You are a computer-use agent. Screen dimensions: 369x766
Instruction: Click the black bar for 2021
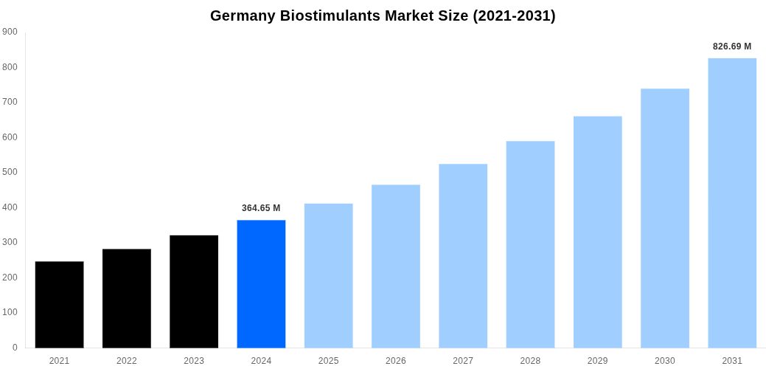pos(59,304)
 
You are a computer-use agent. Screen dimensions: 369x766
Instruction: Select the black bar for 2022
pos(126,298)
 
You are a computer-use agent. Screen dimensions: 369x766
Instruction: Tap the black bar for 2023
pos(194,292)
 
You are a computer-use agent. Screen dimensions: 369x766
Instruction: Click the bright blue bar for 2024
pos(261,283)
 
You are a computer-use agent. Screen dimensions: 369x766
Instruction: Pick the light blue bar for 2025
pos(328,275)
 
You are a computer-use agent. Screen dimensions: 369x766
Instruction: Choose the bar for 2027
pos(463,255)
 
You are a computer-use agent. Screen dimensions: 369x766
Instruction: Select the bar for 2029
pos(597,232)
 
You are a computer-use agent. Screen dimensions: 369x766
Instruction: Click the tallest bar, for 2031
pos(732,203)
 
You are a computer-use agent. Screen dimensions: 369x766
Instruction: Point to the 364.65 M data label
pos(261,208)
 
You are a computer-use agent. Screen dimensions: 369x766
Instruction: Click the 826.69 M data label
pos(732,46)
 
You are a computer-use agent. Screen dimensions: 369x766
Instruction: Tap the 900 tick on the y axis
pos(10,32)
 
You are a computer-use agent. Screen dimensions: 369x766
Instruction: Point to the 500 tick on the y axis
pos(10,172)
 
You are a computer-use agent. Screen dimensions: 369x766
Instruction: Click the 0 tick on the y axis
pos(15,347)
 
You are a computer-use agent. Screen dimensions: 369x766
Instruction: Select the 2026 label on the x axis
pos(396,361)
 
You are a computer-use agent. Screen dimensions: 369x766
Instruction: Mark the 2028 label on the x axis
pos(530,361)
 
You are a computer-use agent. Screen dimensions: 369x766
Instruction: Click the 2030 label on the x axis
pos(665,361)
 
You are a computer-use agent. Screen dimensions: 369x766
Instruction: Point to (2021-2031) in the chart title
pos(512,15)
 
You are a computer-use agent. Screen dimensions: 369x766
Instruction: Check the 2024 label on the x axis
pos(261,361)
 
